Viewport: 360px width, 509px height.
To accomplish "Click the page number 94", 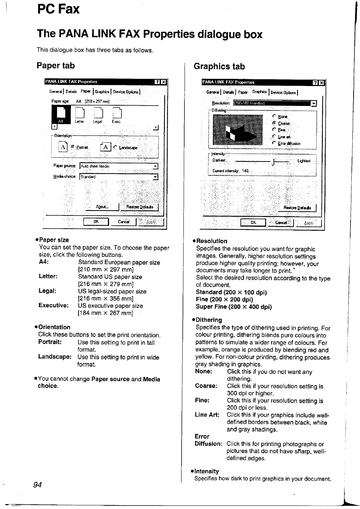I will (37, 485).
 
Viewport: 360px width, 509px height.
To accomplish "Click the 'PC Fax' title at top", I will (58, 9).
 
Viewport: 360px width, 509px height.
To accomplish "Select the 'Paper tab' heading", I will (56, 66).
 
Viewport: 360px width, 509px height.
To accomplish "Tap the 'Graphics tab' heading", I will (219, 67).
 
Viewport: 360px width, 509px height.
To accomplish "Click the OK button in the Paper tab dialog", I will (96, 222).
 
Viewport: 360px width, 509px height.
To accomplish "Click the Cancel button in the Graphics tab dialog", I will (281, 223).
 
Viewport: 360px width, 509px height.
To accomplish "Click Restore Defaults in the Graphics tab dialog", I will (297, 208).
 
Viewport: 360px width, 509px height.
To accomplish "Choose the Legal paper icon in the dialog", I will (98, 115).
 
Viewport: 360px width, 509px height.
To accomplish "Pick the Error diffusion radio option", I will (274, 143).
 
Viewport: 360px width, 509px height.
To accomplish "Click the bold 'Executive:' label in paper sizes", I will (54, 305).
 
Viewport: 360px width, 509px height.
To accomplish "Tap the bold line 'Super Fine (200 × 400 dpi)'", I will (234, 307).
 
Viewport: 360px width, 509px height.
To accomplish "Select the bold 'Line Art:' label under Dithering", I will (207, 415).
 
